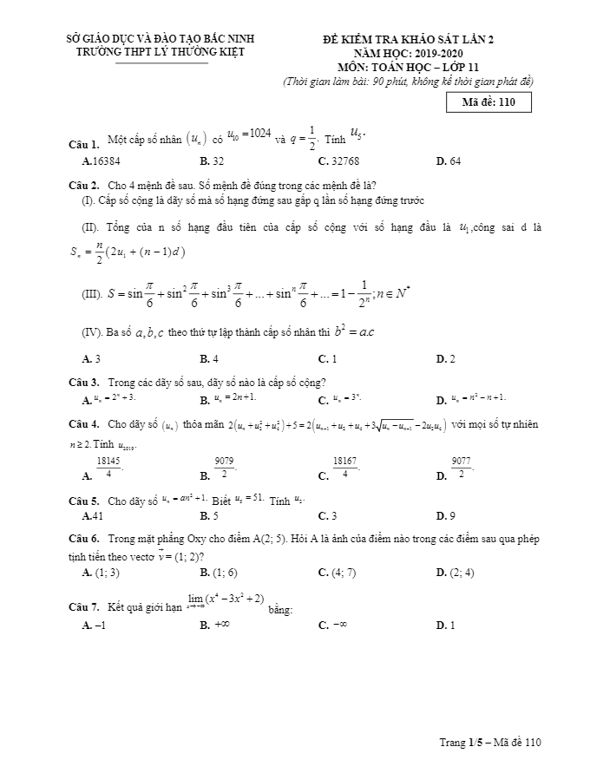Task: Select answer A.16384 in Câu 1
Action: tap(101, 161)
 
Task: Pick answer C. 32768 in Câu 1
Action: tap(338, 161)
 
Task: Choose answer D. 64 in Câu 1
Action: tap(448, 161)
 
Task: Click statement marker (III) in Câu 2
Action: tap(91, 295)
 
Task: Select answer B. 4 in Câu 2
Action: tap(208, 358)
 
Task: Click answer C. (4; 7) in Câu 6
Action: tap(337, 573)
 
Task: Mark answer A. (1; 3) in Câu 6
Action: tap(100, 573)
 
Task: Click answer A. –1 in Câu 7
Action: tap(93, 625)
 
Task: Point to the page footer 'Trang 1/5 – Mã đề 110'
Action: tap(489, 743)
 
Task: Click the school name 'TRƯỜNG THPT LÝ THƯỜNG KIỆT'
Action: tap(161, 52)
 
